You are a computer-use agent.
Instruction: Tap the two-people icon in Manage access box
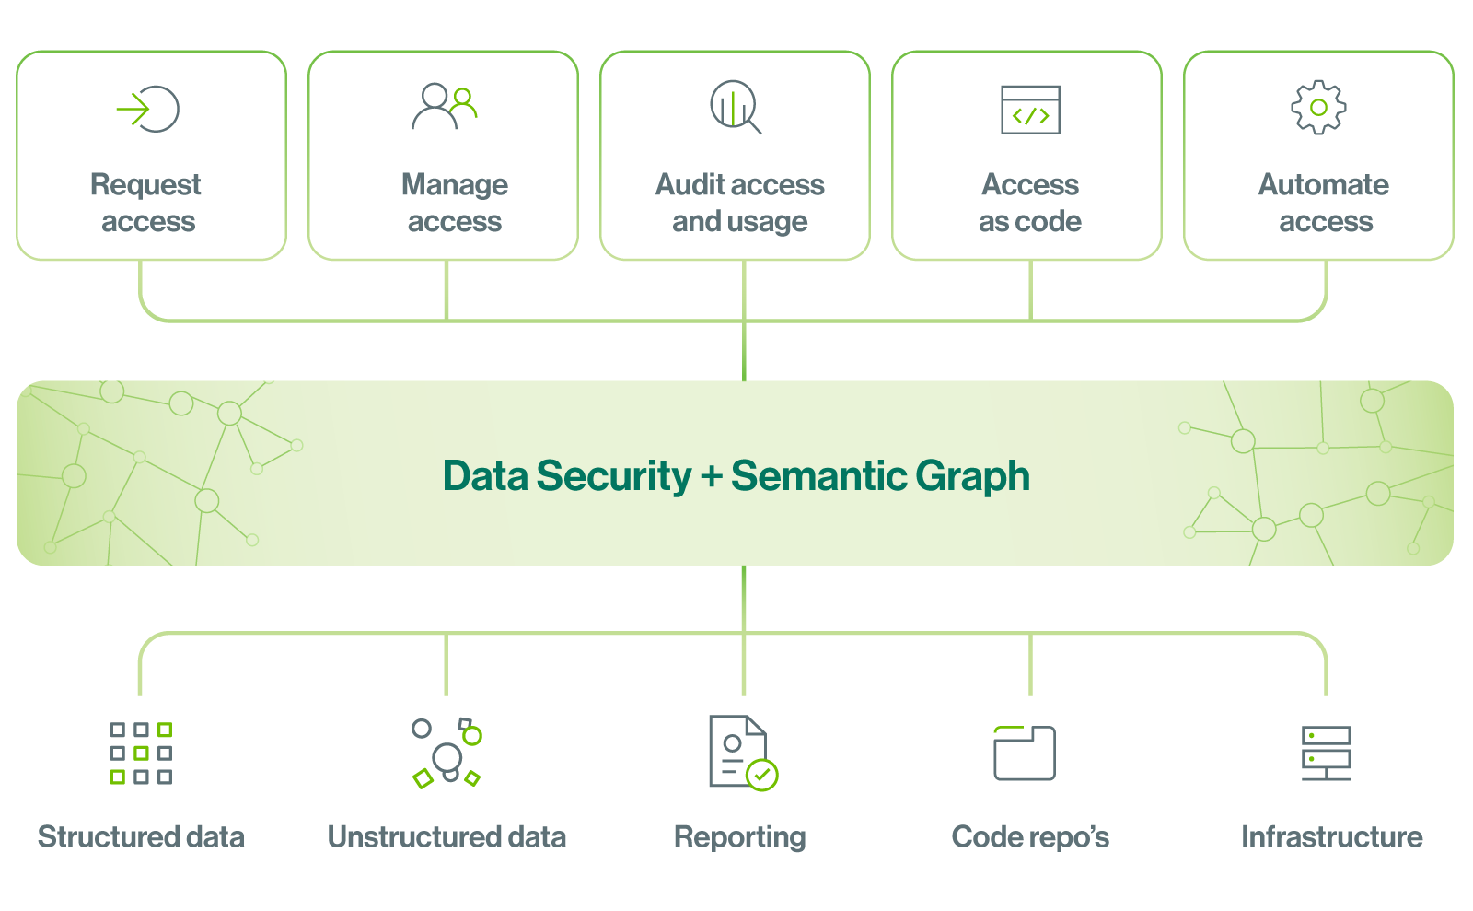coord(445,106)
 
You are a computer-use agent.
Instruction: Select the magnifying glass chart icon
coord(736,107)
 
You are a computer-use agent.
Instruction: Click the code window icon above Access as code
coord(1030,110)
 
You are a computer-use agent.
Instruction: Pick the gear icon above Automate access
coord(1318,108)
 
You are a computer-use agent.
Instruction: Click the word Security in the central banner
coord(614,476)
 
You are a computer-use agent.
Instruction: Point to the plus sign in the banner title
coord(712,476)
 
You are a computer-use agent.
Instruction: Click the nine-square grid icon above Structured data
coord(141,753)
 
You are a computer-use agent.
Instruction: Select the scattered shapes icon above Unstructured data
coord(447,753)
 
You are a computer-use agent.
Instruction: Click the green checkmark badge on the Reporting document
coord(762,775)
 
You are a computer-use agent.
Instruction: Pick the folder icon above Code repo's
coord(1025,753)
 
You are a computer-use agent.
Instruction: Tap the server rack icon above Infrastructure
coord(1327,753)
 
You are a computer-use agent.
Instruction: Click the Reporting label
coord(740,838)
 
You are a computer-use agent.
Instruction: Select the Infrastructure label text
coord(1331,836)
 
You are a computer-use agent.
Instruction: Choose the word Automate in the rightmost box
coord(1324,184)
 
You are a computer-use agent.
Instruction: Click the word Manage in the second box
coord(455,186)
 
